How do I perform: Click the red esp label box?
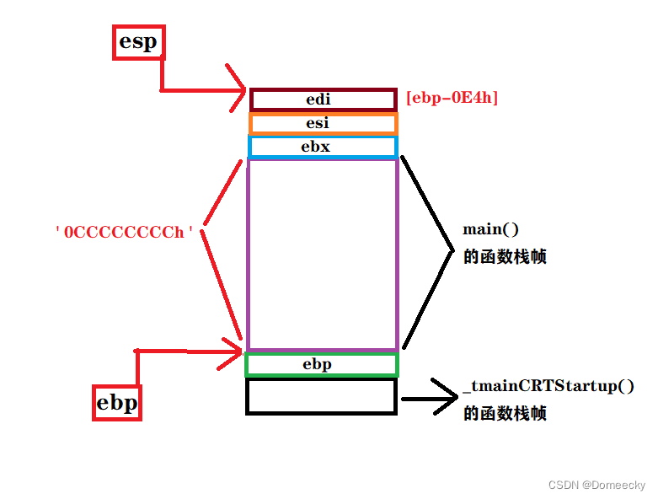[x=139, y=42]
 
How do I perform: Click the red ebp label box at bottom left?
[x=117, y=403]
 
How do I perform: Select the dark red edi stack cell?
[x=323, y=99]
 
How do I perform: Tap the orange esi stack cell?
[x=323, y=123]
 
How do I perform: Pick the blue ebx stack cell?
[x=323, y=147]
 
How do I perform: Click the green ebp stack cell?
[x=321, y=364]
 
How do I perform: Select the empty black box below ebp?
[x=321, y=396]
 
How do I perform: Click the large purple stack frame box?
[x=322, y=253]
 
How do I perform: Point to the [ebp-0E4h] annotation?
[x=452, y=98]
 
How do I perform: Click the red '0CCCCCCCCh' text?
[x=130, y=232]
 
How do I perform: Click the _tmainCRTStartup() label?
[x=548, y=388]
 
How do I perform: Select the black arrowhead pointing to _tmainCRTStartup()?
[x=447, y=396]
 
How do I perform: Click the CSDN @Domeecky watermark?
[x=596, y=486]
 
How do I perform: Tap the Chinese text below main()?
[x=505, y=257]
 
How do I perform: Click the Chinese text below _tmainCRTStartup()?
[x=505, y=414]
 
